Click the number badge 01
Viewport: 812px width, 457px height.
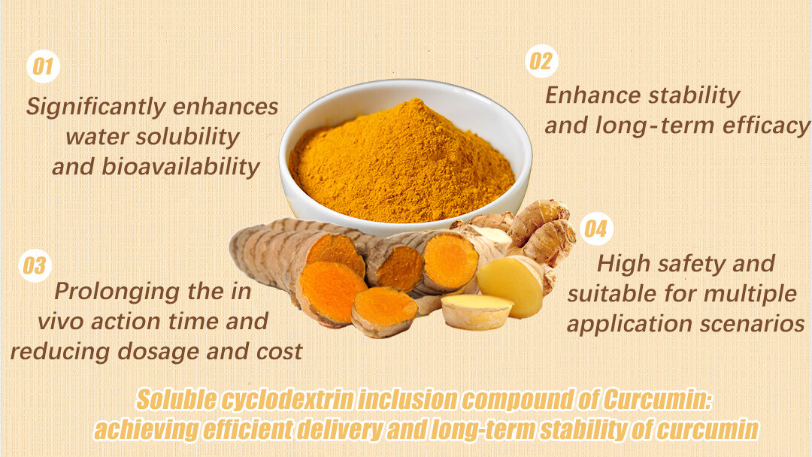pos(44,66)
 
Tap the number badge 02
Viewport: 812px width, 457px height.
pos(540,60)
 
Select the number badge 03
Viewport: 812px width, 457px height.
pos(35,265)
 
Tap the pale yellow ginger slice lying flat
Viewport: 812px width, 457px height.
pos(476,310)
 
